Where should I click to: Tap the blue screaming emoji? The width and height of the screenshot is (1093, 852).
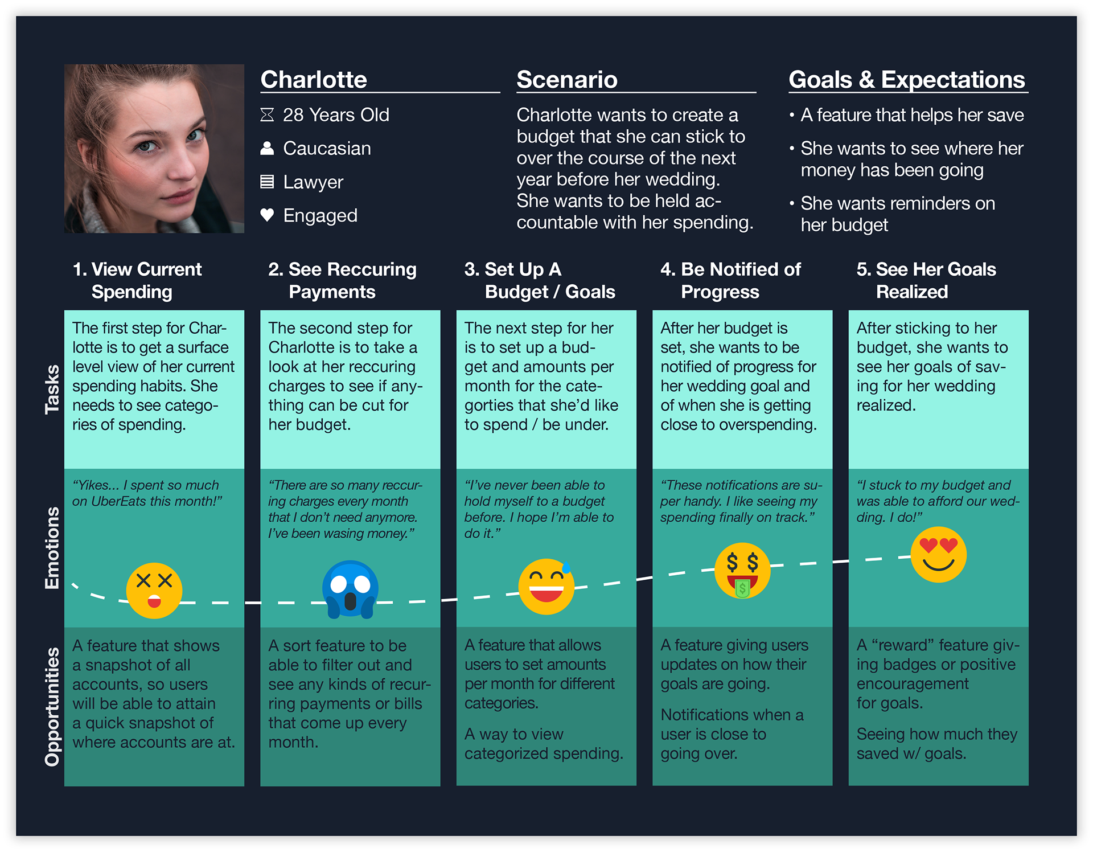point(350,589)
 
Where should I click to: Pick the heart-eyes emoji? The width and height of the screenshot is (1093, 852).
point(939,555)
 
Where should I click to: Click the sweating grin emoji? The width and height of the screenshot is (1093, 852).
point(546,587)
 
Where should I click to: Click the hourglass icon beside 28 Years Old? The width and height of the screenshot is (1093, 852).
point(267,115)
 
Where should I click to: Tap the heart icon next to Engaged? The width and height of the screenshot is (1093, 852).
point(267,215)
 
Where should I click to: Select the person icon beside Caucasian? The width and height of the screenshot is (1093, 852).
point(267,148)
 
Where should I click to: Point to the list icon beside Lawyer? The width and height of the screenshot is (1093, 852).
point(267,182)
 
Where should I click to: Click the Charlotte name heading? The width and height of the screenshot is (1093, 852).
point(314,80)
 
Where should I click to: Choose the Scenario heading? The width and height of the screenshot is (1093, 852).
point(567,80)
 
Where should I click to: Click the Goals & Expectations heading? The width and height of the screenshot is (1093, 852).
point(907,80)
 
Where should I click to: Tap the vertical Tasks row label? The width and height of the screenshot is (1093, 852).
point(52,390)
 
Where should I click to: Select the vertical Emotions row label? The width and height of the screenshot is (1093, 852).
point(52,548)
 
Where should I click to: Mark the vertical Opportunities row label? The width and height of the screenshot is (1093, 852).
point(52,707)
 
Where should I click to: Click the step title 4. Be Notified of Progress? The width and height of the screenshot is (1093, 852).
point(730,280)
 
